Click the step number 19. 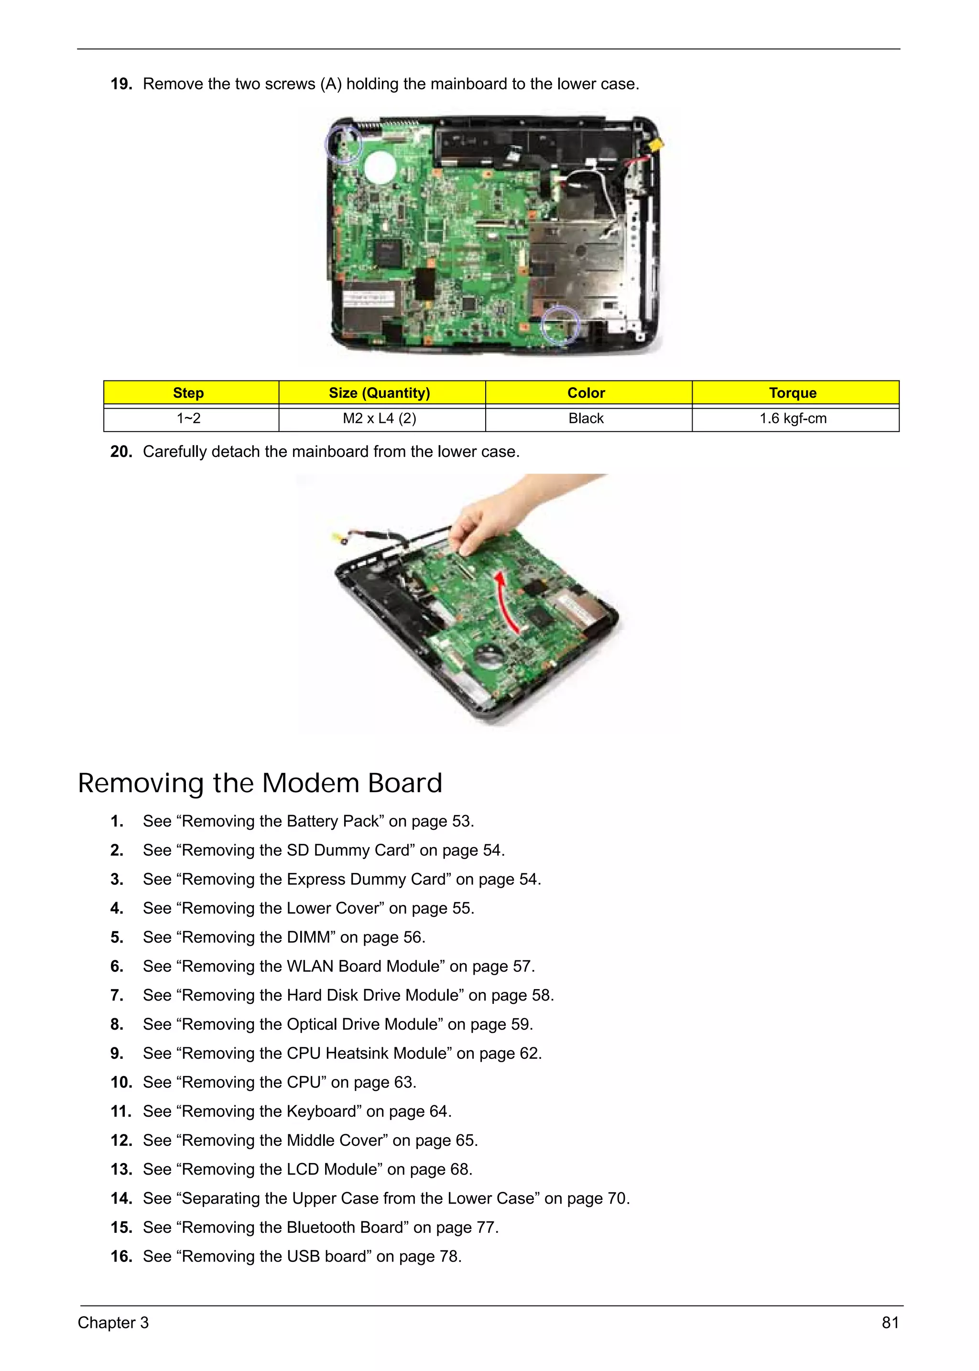click(x=120, y=84)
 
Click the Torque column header click(x=792, y=393)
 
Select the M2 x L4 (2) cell click(x=379, y=418)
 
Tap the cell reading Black click(x=586, y=418)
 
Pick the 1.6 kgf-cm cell click(x=792, y=418)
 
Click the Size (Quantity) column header click(x=379, y=393)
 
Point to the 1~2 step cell click(x=189, y=418)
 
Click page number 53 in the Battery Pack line click(x=461, y=821)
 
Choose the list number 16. click(x=120, y=1256)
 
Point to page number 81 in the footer click(x=890, y=1323)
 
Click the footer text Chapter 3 click(x=113, y=1323)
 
